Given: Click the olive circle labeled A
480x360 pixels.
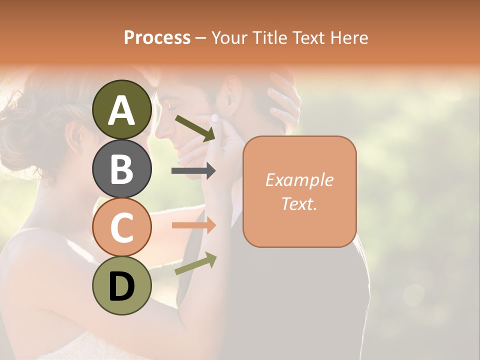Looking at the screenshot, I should point(121,109).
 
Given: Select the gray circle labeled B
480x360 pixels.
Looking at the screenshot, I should point(121,168).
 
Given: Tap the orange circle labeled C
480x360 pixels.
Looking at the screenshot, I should point(121,227).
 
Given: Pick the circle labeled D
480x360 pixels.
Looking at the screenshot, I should point(121,285).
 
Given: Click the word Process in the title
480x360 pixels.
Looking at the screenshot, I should point(157,37).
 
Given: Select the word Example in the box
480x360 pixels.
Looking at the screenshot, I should point(299,180).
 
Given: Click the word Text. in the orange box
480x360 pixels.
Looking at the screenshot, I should point(299,203).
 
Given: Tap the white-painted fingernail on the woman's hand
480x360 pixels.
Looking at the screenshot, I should point(215,118).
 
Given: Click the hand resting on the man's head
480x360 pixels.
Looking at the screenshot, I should point(283,100).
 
